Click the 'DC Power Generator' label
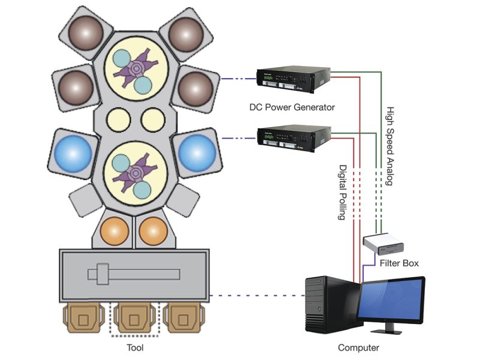coord(292,107)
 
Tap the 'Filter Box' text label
coord(398,263)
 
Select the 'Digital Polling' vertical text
coord(343,193)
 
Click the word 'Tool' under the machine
coord(135,347)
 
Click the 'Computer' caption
coord(359,347)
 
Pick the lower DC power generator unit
coord(294,138)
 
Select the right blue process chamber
coord(195,154)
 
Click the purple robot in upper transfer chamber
coord(135,68)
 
